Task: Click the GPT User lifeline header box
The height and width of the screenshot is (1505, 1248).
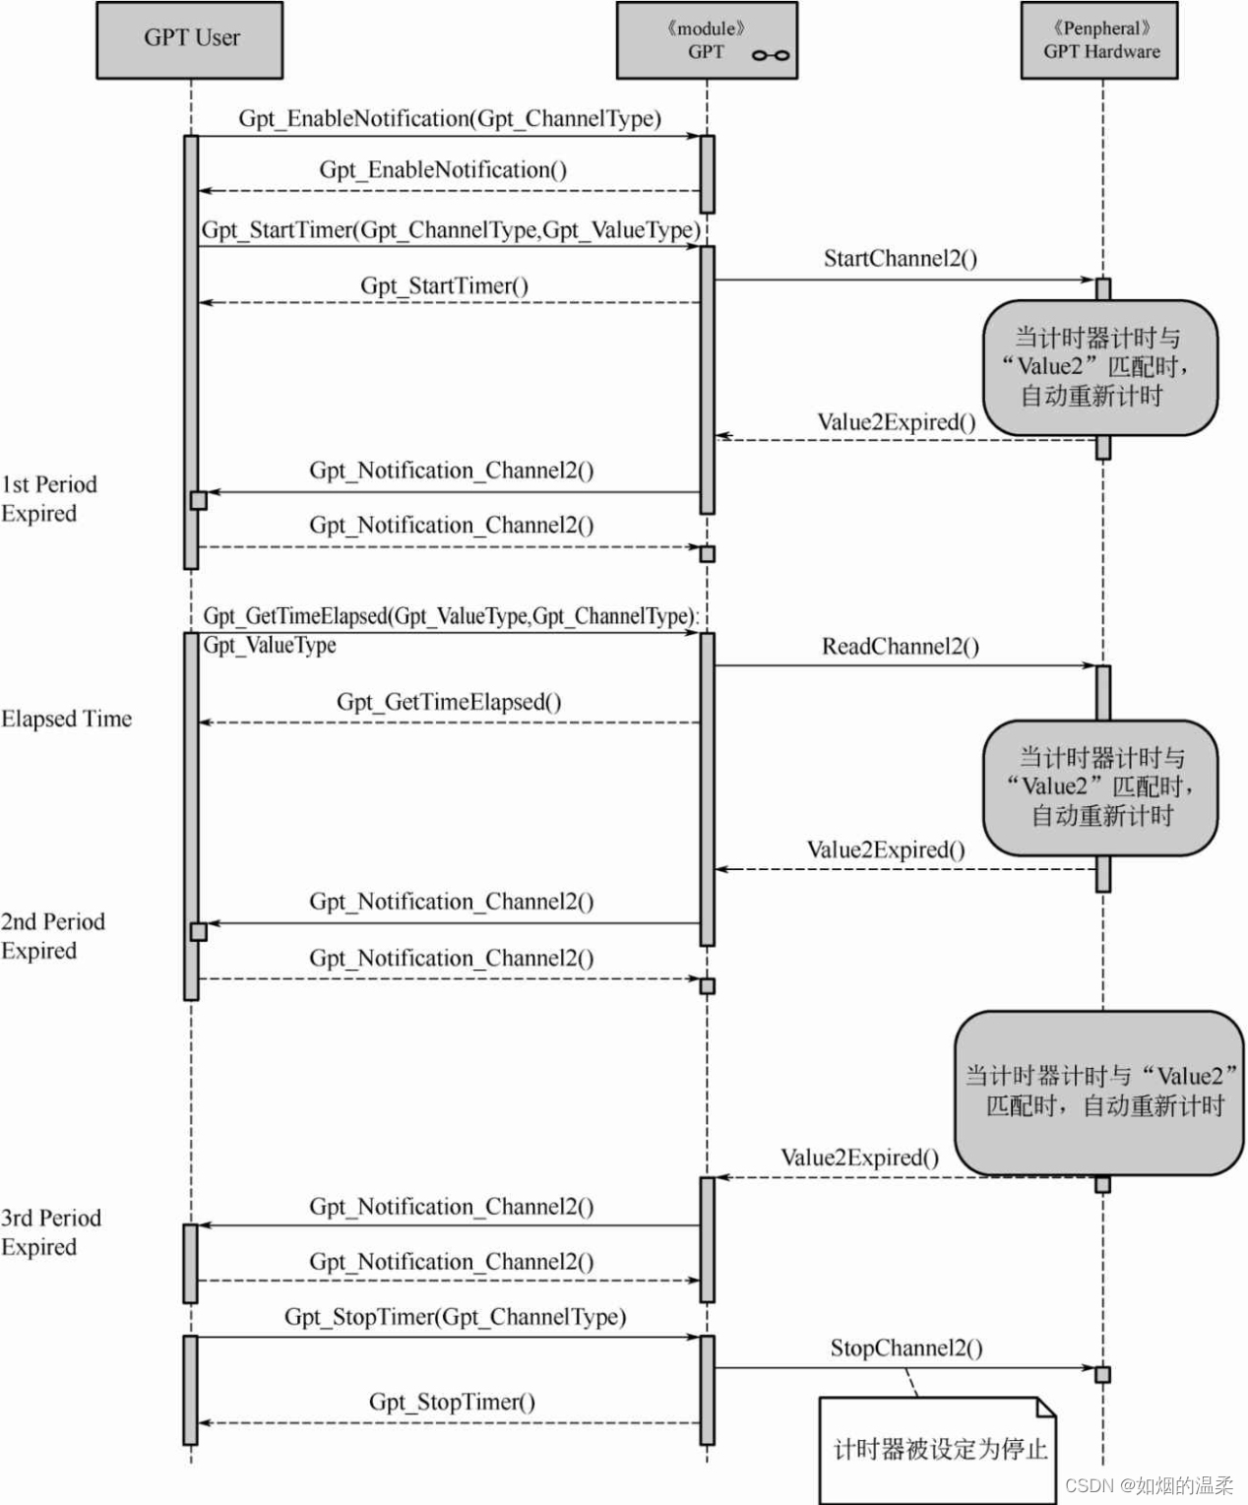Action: coord(190,39)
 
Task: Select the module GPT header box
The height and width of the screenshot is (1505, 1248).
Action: coord(706,40)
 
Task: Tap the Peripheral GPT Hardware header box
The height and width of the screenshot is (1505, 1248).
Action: coord(1100,40)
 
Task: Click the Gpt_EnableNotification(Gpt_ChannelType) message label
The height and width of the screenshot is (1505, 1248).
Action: coord(450,119)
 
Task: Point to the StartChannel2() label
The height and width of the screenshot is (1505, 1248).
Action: coord(901,259)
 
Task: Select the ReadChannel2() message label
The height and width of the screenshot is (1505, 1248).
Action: coord(901,647)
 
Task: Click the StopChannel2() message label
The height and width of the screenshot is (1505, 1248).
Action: coord(905,1348)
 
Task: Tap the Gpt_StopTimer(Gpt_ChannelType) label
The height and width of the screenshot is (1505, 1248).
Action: coord(455,1317)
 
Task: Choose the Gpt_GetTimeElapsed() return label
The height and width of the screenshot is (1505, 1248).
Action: coord(449,702)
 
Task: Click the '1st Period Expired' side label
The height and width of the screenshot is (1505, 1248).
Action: coord(49,499)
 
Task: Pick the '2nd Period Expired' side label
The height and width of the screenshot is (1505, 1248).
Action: coord(52,936)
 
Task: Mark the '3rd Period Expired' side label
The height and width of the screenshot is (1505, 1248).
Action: coord(50,1232)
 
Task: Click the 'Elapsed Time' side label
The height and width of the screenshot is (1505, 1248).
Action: coord(66,720)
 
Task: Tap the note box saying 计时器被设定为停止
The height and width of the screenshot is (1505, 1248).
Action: coord(938,1448)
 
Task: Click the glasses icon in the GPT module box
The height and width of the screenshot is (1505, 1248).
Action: coord(770,55)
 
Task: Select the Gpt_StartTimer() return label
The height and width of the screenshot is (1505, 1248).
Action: coord(444,286)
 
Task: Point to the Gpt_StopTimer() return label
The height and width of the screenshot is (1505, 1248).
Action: coord(452,1403)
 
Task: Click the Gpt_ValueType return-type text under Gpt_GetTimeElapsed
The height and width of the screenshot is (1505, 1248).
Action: coord(270,646)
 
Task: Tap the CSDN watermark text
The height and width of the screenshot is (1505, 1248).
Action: coord(1149,1485)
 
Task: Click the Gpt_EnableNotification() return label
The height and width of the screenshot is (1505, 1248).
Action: coord(443,170)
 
